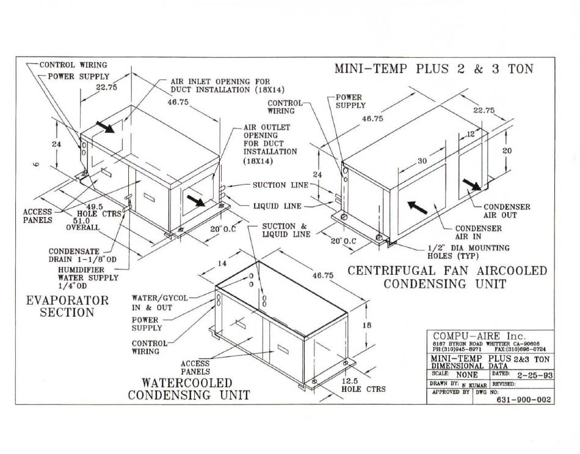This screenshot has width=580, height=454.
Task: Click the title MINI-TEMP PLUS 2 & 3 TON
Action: click(433, 68)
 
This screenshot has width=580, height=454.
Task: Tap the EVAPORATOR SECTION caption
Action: click(67, 307)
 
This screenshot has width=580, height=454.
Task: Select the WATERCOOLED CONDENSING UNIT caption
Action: click(189, 389)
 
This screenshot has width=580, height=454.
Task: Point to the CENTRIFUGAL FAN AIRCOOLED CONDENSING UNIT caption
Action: click(448, 277)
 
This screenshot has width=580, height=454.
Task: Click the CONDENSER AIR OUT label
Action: click(507, 211)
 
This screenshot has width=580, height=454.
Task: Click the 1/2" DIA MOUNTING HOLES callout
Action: click(469, 252)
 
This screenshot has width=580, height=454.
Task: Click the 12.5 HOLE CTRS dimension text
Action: click(363, 385)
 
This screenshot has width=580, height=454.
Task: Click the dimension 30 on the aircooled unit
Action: click(421, 161)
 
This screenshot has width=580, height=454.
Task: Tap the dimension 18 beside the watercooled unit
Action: click(367, 325)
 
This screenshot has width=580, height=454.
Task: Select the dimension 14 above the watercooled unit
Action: click(222, 263)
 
